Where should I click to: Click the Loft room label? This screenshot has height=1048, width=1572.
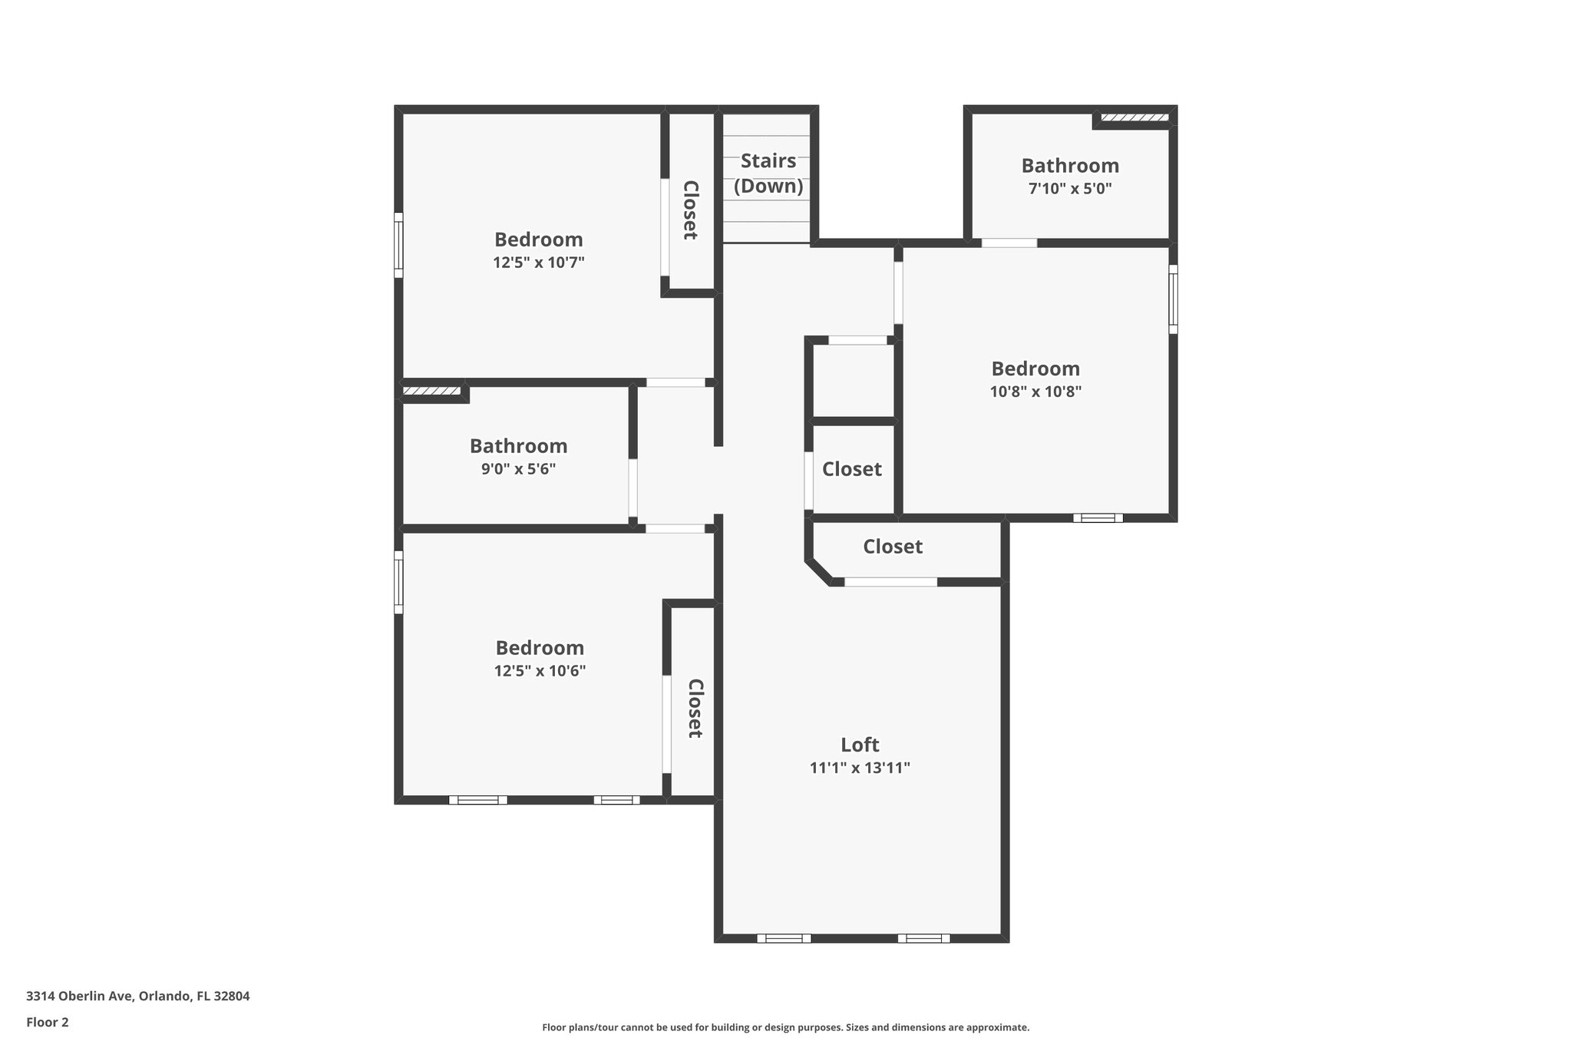[860, 745]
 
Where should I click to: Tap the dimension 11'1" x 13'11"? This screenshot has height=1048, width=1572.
[860, 768]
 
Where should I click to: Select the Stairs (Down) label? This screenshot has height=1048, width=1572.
[768, 174]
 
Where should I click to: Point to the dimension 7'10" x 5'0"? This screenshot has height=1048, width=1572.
[1070, 189]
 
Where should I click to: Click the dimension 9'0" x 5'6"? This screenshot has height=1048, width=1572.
[518, 469]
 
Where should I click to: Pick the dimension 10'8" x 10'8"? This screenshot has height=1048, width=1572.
[1035, 392]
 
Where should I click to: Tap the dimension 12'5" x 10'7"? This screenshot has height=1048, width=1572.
[538, 263]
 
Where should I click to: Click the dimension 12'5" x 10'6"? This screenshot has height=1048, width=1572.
[540, 671]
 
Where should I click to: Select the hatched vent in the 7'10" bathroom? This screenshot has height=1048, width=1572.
[1134, 117]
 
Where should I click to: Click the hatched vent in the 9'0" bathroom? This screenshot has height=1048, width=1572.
[431, 391]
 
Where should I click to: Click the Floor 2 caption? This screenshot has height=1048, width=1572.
[48, 1022]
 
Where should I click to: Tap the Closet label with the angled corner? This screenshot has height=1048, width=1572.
[893, 547]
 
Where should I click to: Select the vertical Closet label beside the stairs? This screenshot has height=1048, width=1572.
[690, 210]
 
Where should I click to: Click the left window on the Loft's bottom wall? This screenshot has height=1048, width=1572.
[784, 938]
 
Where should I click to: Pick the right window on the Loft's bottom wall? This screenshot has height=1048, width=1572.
[923, 938]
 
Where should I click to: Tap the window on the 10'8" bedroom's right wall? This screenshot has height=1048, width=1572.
[1173, 299]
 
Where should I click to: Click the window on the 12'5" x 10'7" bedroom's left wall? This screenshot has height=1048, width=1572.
[398, 245]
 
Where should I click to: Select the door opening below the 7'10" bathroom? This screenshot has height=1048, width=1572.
[1009, 243]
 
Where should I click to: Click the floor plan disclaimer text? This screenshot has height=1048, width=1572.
[785, 1027]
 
